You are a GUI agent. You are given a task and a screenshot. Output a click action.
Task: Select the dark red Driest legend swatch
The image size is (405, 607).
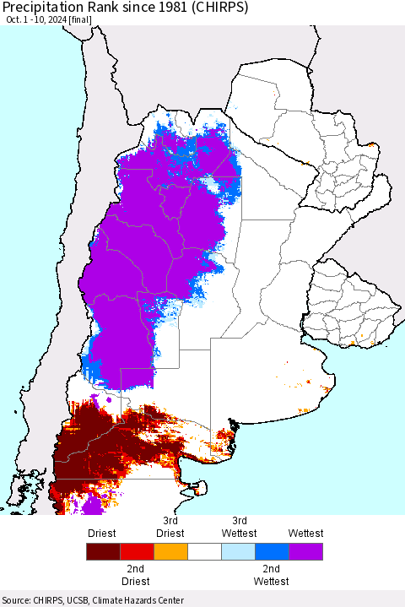pyautogui.click(x=103, y=552)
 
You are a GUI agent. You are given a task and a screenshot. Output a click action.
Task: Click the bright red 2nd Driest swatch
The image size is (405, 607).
pyautogui.click(x=137, y=552)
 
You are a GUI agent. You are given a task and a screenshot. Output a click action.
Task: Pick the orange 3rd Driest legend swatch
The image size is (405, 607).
pyautogui.click(x=170, y=552)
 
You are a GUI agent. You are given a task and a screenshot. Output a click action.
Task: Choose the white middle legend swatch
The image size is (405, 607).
pyautogui.click(x=204, y=552)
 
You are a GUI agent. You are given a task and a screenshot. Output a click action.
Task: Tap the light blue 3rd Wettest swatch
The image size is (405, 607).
pyautogui.click(x=238, y=552)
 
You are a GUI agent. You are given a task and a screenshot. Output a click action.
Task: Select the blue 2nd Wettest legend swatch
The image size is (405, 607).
pyautogui.click(x=272, y=552)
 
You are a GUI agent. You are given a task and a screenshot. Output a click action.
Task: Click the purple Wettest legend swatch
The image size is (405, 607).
pyautogui.click(x=305, y=552)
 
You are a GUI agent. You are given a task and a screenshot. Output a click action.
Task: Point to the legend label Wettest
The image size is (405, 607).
pyautogui.click(x=305, y=534)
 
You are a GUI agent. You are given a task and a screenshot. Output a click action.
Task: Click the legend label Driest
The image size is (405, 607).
pyautogui.click(x=101, y=534)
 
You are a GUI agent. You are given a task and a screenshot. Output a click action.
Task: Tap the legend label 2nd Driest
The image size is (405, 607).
pyautogui.click(x=136, y=576)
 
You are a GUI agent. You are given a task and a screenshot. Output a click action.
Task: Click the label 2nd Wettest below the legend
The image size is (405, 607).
pyautogui.click(x=271, y=576)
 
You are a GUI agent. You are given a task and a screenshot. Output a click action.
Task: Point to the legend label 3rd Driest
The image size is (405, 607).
pyautogui.click(x=170, y=527)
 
